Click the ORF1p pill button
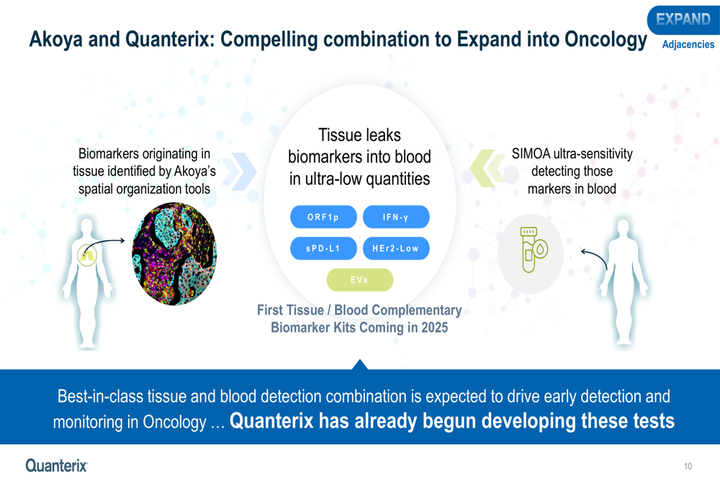tap(323, 217)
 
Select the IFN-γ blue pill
tap(396, 217)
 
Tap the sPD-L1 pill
tap(323, 248)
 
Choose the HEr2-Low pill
tap(396, 248)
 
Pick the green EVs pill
tap(359, 279)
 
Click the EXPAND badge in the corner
tap(683, 19)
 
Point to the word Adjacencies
tap(688, 45)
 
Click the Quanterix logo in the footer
tap(56, 466)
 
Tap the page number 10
tap(688, 466)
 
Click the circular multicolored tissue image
tap(174, 254)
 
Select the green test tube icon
tap(534, 249)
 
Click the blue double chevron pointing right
tap(239, 171)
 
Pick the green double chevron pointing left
tap(487, 168)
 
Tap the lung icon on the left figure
tap(87, 255)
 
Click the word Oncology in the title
tap(606, 40)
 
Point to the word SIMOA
tap(531, 154)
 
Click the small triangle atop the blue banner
tap(360, 364)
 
